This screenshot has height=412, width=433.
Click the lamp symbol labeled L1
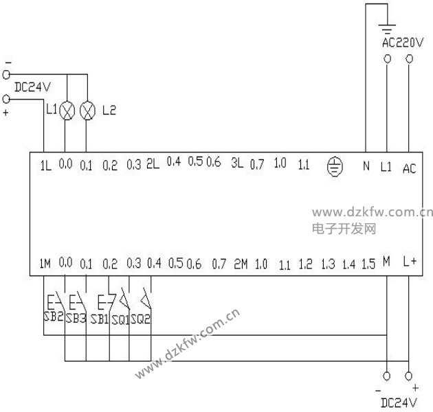pos(67,111)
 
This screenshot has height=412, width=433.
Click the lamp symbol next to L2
pos(87,111)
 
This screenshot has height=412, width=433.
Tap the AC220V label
pos(403,43)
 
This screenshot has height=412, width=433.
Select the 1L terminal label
pos(46,165)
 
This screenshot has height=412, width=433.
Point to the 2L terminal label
pos(153,164)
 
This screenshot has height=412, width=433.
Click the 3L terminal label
pos(237,163)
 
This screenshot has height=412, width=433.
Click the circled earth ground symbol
pos(335,166)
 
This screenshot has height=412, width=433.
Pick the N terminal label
pos(366,166)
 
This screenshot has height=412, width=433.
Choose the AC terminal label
pos(409,168)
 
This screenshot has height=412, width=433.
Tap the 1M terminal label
pos(45,264)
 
